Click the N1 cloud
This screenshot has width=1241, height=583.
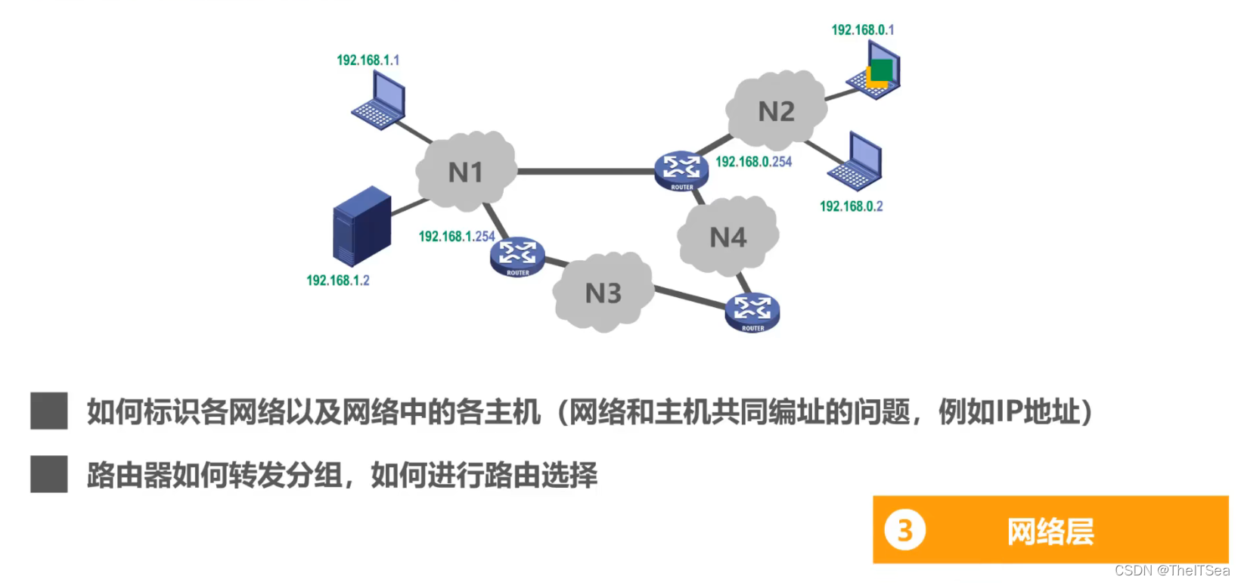point(466,172)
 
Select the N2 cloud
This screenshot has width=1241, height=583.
point(776,111)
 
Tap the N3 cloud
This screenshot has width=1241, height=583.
point(603,293)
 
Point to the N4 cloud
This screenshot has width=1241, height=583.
point(728,237)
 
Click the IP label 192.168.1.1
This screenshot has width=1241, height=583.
point(368,60)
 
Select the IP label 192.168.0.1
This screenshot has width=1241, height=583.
point(862,29)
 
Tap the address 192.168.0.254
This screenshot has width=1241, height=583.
point(753,161)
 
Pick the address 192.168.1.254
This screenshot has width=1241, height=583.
point(456,236)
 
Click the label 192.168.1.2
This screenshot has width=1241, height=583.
point(337,280)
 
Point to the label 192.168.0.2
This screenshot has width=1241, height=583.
point(851,206)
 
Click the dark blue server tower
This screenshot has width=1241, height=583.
point(361,225)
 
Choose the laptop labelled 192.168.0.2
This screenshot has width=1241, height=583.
point(856,163)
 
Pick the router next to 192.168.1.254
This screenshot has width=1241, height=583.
point(517,257)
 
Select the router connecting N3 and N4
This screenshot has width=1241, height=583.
point(752,312)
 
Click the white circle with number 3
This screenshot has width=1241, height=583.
point(904,530)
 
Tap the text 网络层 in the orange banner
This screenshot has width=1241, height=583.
point(1050,531)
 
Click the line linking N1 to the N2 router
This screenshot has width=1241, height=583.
point(586,172)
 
